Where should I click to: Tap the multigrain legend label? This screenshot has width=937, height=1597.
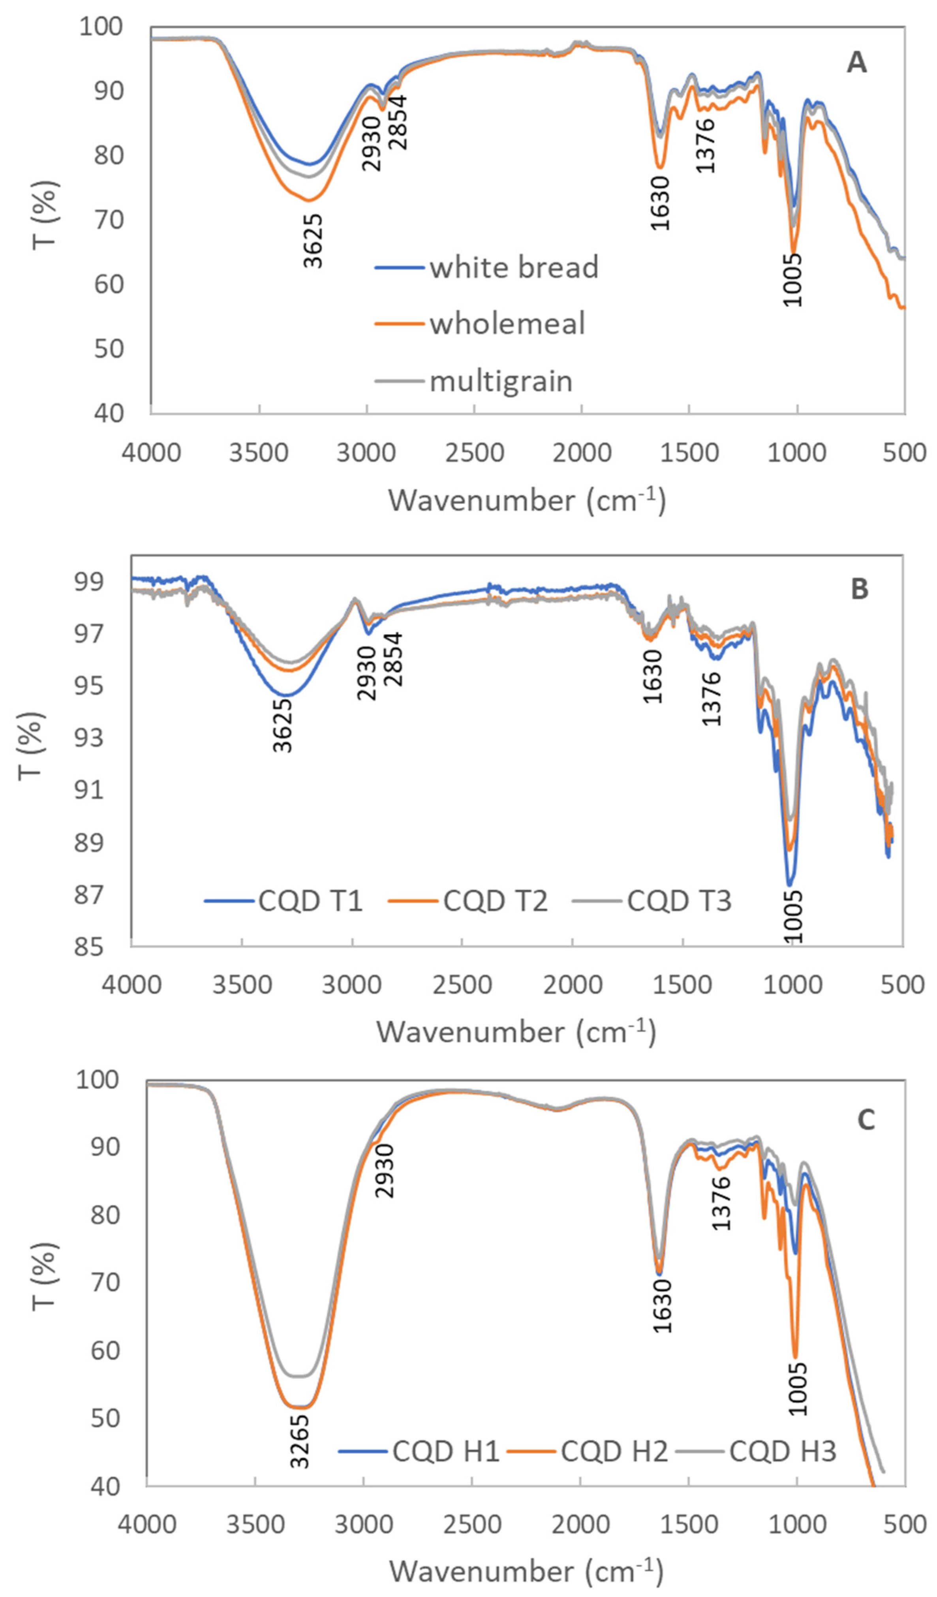pyautogui.click(x=501, y=382)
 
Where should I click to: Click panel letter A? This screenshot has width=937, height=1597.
pyautogui.click(x=856, y=63)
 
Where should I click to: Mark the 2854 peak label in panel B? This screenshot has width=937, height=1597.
pyautogui.click(x=393, y=659)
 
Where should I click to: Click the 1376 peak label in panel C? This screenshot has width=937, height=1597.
pyautogui.click(x=721, y=1204)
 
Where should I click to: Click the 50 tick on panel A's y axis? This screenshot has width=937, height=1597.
pyautogui.click(x=109, y=348)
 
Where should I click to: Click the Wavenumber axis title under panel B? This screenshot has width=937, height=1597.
pyautogui.click(x=516, y=1032)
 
